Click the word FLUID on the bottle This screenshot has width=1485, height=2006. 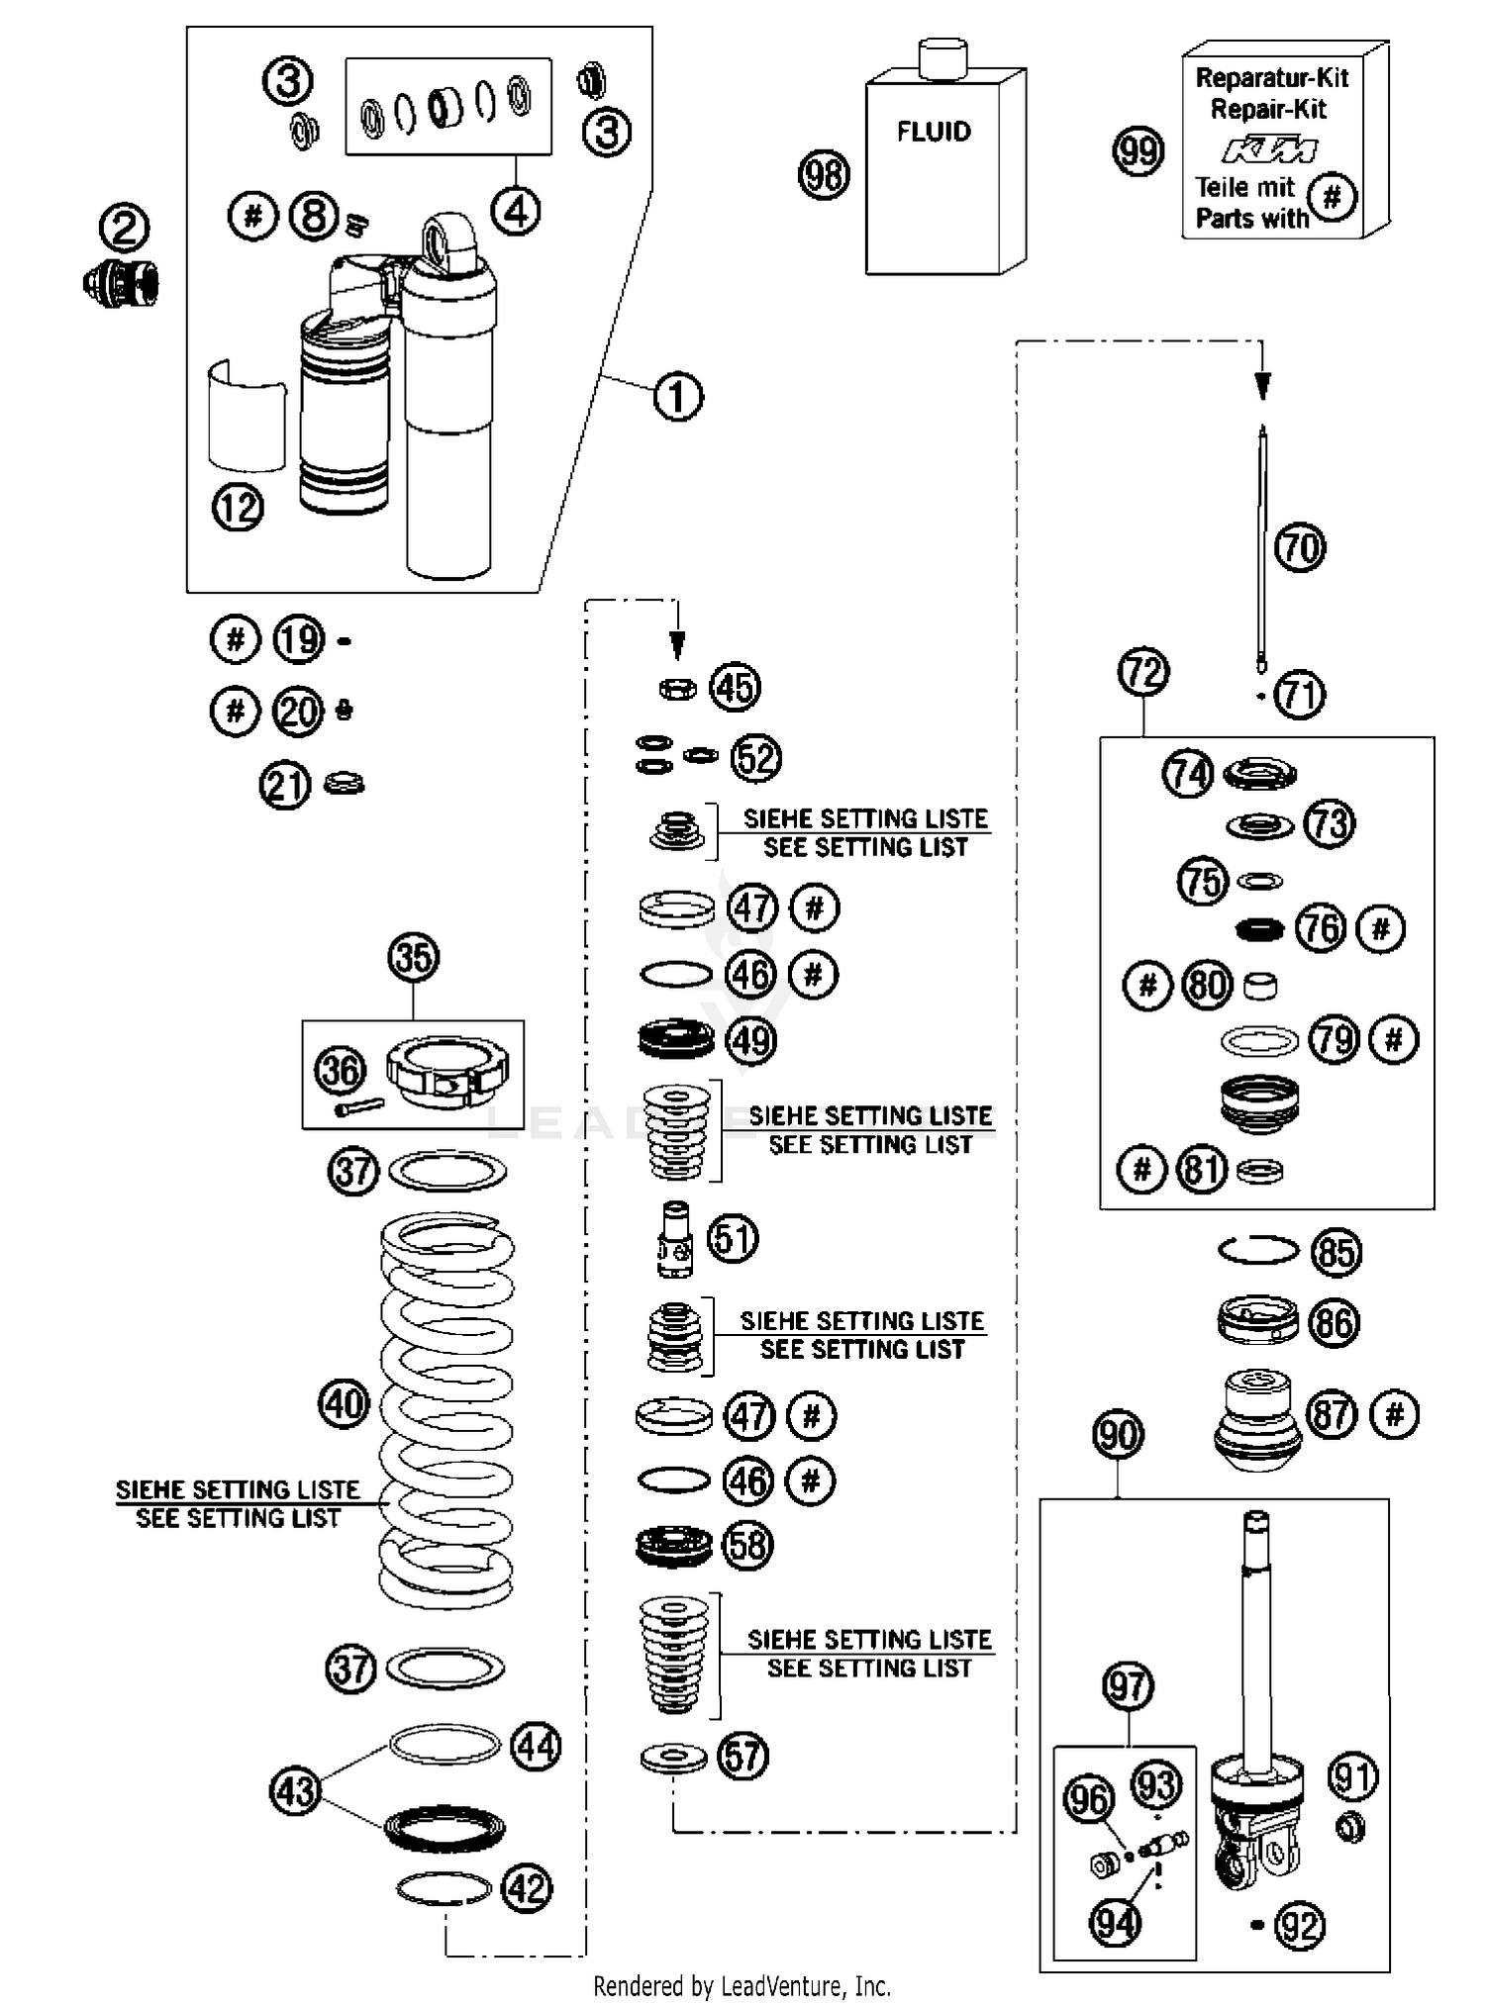pyautogui.click(x=934, y=132)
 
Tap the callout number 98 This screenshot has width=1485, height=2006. pyautogui.click(x=824, y=175)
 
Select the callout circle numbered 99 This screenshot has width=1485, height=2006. pyautogui.click(x=1138, y=151)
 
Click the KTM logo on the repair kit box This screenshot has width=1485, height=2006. pyautogui.click(x=1269, y=150)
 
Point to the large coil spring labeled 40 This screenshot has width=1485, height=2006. pyautogui.click(x=446, y=1405)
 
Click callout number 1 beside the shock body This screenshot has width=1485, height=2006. pyautogui.click(x=678, y=397)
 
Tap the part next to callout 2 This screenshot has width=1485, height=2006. pyautogui.click(x=122, y=283)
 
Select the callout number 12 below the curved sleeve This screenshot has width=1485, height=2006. pyautogui.click(x=238, y=508)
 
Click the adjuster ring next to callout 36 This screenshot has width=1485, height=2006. pyautogui.click(x=447, y=1073)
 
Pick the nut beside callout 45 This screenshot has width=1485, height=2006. pyautogui.click(x=677, y=688)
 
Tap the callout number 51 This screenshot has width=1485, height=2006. pyautogui.click(x=733, y=1238)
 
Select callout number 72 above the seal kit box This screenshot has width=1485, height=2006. pyautogui.click(x=1143, y=672)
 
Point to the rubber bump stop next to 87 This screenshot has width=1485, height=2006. pyautogui.click(x=1256, y=1417)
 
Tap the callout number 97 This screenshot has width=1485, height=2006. pyautogui.click(x=1128, y=1685)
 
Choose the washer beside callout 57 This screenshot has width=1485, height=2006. pyautogui.click(x=673, y=1758)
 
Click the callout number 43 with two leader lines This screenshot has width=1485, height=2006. pyautogui.click(x=295, y=1790)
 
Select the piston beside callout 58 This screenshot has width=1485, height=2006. pyautogui.click(x=673, y=1545)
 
